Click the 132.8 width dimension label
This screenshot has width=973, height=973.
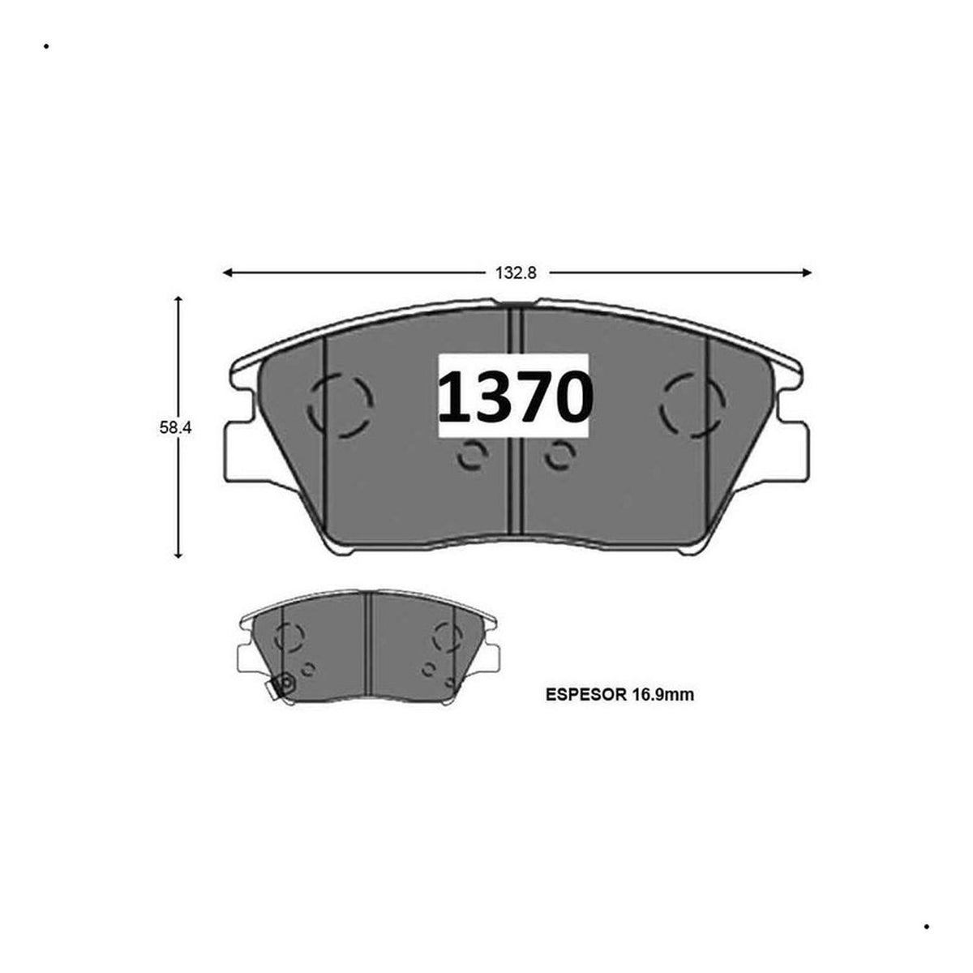tap(516, 273)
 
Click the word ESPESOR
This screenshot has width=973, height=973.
tap(585, 695)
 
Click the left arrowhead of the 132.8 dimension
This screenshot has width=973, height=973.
tap(227, 273)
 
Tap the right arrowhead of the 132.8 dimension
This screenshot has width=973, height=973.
tap(807, 273)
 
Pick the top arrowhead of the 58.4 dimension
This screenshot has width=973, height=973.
tap(178, 301)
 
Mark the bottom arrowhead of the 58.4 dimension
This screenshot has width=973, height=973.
tap(178, 554)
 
